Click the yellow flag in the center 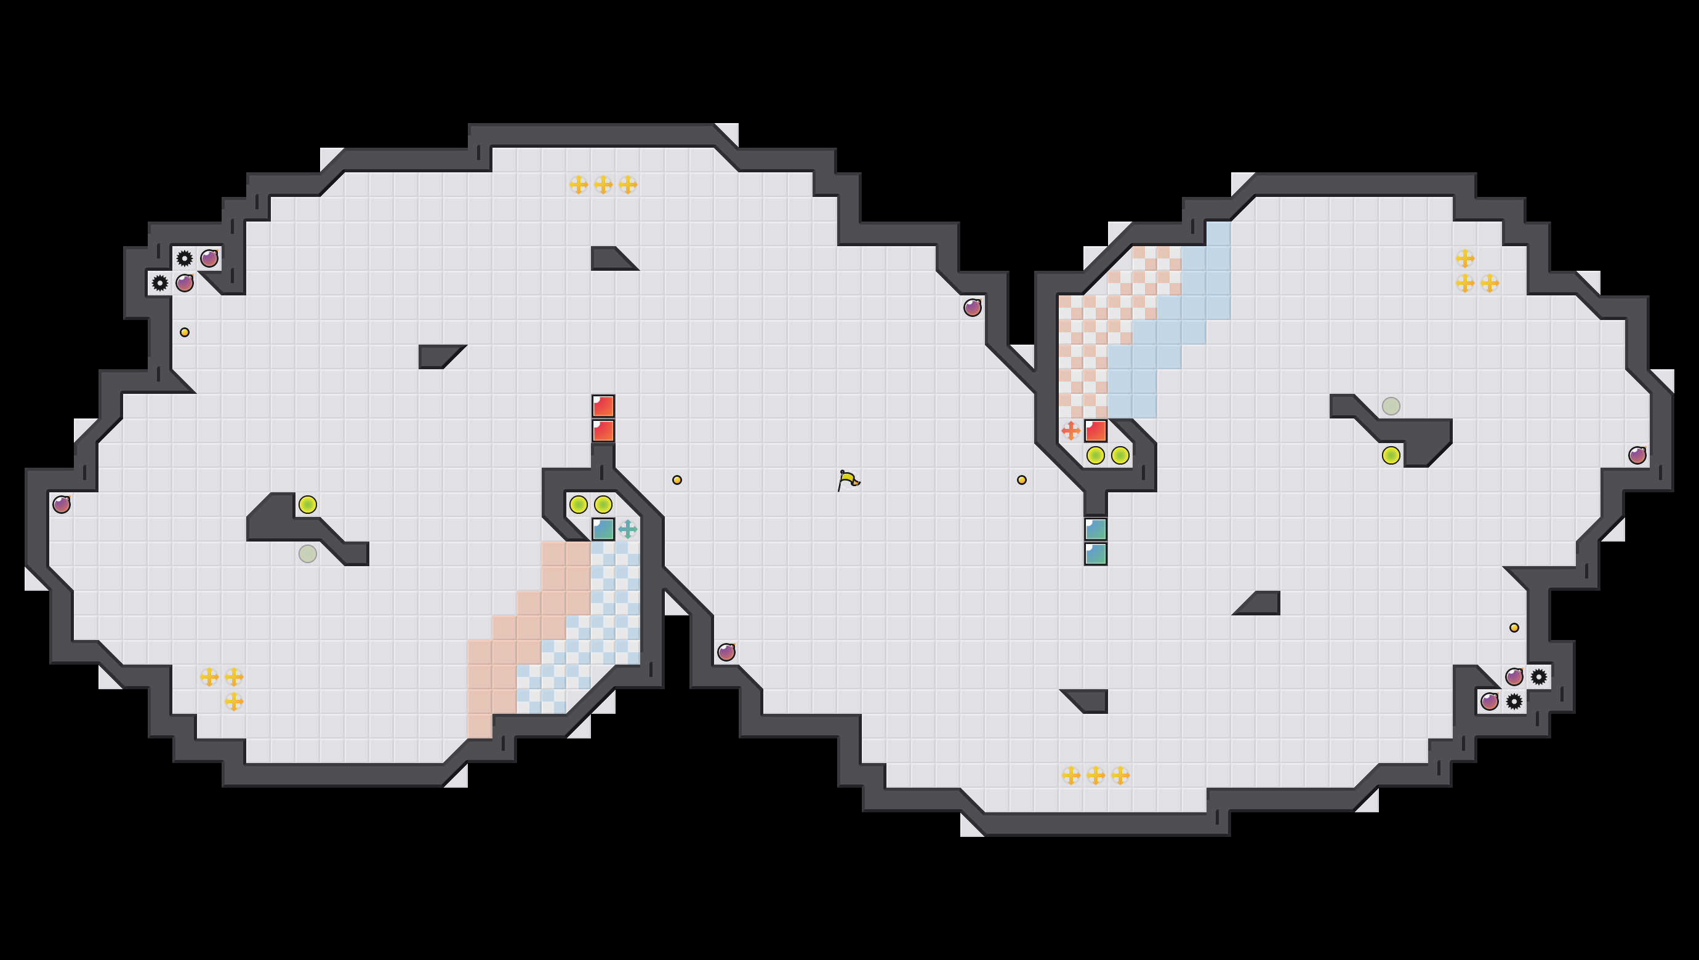tap(848, 480)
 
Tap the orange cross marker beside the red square tap(1070, 431)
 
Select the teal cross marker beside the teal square tap(628, 529)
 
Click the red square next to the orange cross tap(1096, 431)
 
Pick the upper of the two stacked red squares tap(603, 406)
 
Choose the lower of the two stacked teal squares tap(1096, 554)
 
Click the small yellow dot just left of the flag tap(677, 480)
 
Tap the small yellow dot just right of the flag tap(1022, 480)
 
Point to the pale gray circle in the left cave tap(307, 554)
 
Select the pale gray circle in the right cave tap(1391, 406)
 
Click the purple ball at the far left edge tap(62, 505)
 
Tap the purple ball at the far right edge tap(1637, 455)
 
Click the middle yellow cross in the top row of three tap(603, 185)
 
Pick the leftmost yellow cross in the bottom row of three tap(1070, 775)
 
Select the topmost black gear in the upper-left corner tap(185, 258)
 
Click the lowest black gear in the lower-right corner tap(1514, 702)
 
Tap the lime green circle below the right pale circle tap(1391, 455)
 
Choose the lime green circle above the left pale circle tap(307, 505)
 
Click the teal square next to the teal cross tap(603, 529)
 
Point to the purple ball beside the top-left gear tap(209, 258)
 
